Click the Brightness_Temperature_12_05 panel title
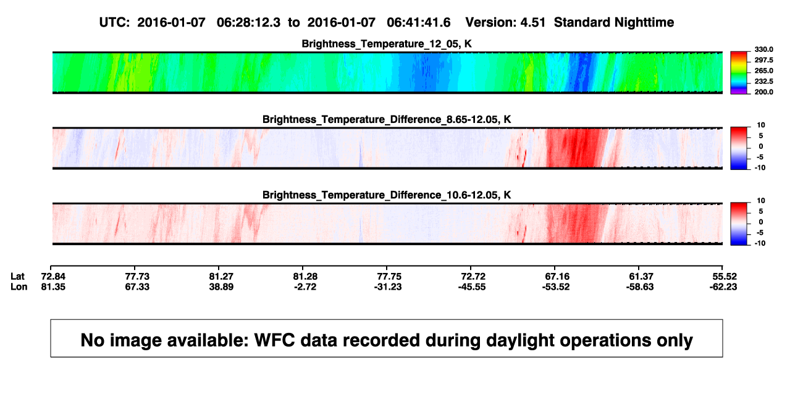[387, 44]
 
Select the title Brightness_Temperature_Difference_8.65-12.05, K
[387, 119]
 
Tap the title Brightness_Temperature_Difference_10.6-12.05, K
[387, 195]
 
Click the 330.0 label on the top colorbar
[763, 49]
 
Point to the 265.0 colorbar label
[763, 70]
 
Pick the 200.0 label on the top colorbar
[763, 92]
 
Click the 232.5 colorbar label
[763, 82]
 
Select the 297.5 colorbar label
[763, 60]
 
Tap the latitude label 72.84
[53, 277]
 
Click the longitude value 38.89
[221, 287]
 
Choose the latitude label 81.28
[305, 277]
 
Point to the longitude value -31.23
[388, 287]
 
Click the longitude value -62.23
[723, 287]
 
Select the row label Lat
[17, 277]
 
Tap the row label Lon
[19, 287]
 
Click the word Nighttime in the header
[644, 23]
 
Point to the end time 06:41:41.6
[418, 23]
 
